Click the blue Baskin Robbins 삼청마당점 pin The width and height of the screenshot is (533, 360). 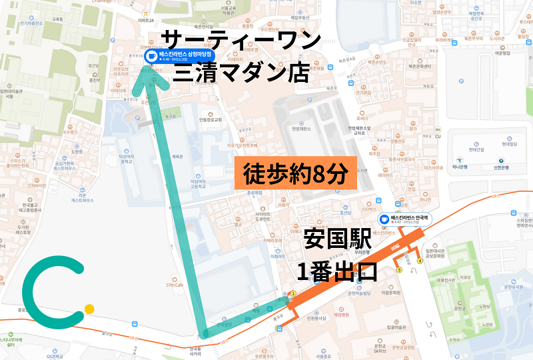(151, 56)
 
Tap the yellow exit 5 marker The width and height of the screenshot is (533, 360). (399, 270)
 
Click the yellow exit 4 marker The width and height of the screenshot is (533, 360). (420, 261)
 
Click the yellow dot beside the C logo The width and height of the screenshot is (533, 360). (89, 309)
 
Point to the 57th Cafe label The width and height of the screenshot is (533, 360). (175, 285)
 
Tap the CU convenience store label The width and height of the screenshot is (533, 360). (438, 135)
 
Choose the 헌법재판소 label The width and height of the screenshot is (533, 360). (301, 129)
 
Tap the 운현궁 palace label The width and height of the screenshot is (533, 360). (458, 309)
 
